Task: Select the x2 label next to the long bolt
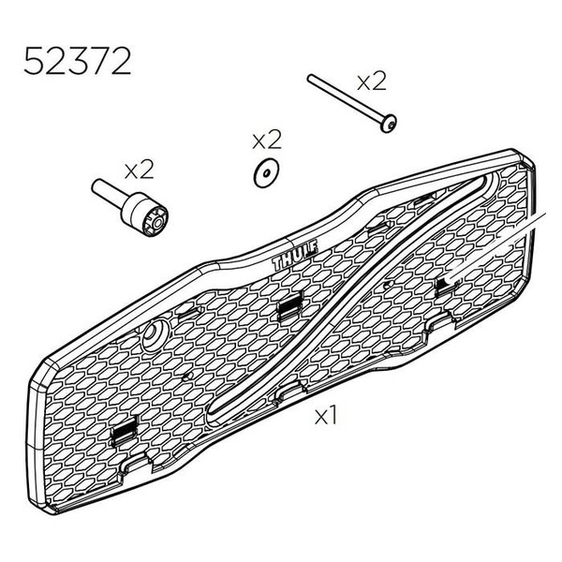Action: click(x=371, y=81)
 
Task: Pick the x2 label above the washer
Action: click(x=267, y=140)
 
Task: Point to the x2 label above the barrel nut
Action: click(x=139, y=169)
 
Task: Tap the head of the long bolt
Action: click(x=386, y=123)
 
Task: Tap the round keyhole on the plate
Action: click(x=152, y=338)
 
